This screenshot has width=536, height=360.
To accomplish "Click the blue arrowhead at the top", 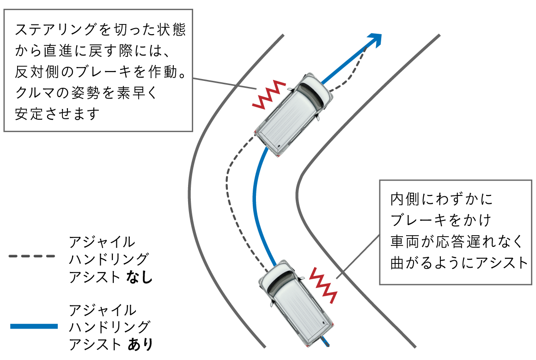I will tap(375, 40).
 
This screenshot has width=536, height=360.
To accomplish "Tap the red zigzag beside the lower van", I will tap(323, 285).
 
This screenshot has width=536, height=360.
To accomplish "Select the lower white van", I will tap(296, 303).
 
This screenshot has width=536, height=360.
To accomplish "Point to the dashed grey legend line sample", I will tap(31, 256).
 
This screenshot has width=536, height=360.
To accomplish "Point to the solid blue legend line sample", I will tap(34, 326).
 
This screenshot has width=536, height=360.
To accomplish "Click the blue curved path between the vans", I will tap(255, 199).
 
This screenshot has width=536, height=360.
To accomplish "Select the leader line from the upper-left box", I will tap(224, 84).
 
